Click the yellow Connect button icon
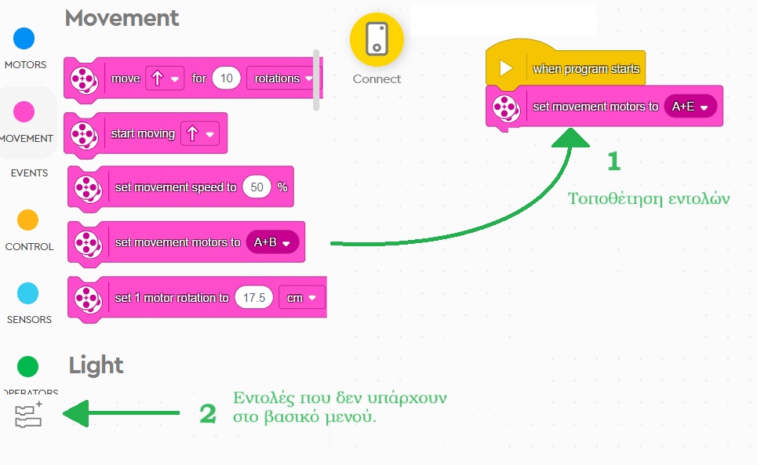coord(377,39)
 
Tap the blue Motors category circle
coord(25,38)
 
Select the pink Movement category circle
coord(25,112)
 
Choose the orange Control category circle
coord(27,220)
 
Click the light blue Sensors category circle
coord(27,294)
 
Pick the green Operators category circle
coord(27,366)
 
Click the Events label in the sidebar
coord(29,173)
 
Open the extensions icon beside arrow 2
coord(29,415)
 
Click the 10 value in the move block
coord(226,78)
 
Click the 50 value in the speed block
coord(256,187)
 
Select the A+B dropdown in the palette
coord(272,243)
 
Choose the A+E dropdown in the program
coord(690,107)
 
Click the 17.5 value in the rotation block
coord(254,298)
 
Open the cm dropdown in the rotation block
coord(301,298)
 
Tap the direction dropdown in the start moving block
coord(199,134)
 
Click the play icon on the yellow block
coord(506,69)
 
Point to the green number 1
coord(613,162)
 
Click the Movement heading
coord(122,18)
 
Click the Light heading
coord(96,365)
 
